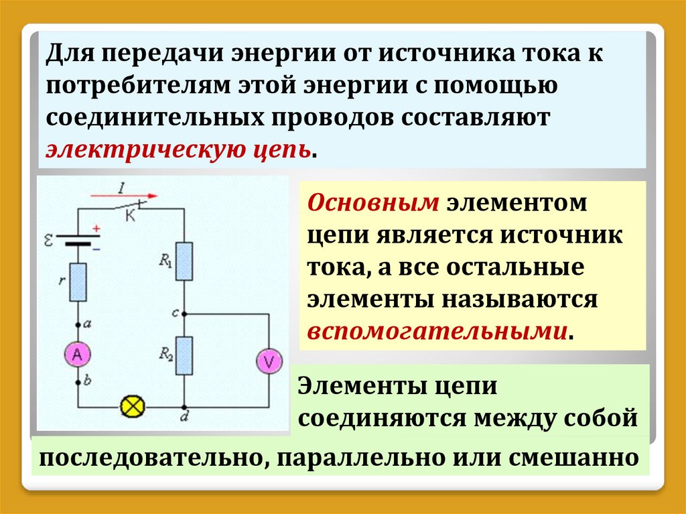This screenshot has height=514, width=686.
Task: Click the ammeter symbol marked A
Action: pos(77,357)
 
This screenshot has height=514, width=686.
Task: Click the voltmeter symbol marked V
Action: pos(269,362)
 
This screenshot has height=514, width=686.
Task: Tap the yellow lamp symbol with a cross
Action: pos(130,406)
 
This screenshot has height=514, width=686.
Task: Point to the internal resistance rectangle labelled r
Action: pos(78,281)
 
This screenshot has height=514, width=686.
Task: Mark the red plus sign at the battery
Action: pos(96,229)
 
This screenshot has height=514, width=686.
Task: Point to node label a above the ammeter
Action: pos(88,324)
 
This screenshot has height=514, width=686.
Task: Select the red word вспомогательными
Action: pos(437,331)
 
